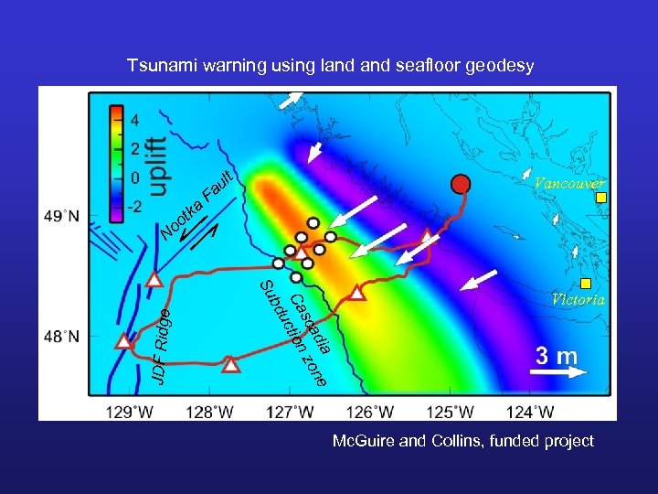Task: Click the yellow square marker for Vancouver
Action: pos(600,198)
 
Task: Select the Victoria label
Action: pos(578,299)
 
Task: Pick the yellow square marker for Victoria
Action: pos(586,283)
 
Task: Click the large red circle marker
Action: pos(461,184)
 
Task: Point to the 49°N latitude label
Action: pos(61,217)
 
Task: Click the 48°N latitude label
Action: pos(61,337)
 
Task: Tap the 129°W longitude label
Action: pos(130,411)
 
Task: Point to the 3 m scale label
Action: pos(556,355)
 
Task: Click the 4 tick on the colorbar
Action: pos(134,120)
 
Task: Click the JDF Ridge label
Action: pos(160,346)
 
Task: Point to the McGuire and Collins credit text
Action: pos(462,441)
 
